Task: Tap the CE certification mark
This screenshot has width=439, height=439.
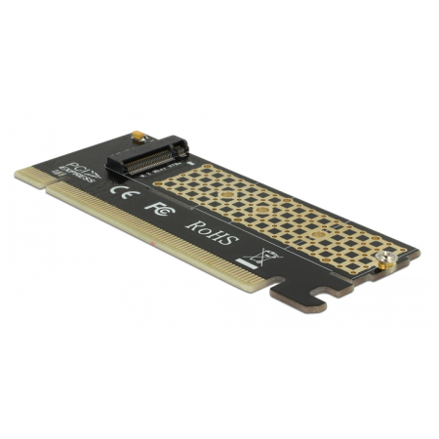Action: (x=121, y=191)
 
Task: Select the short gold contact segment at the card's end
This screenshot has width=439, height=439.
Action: (x=30, y=179)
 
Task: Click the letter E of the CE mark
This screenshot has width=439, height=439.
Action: (x=127, y=194)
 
